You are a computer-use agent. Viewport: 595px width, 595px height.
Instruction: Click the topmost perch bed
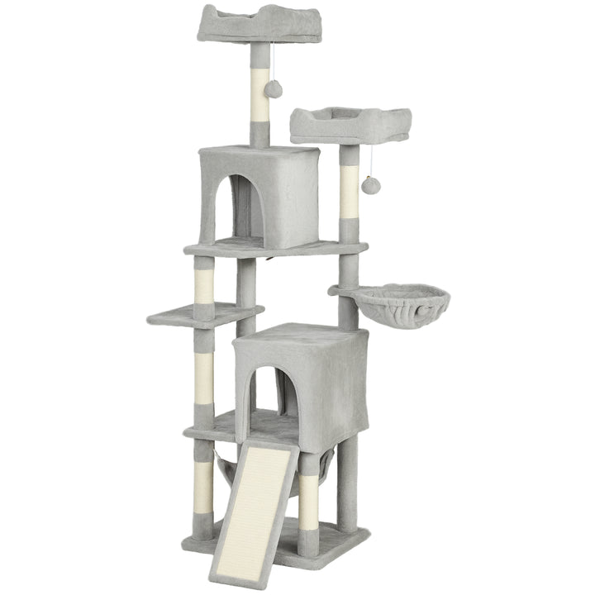click(x=249, y=25)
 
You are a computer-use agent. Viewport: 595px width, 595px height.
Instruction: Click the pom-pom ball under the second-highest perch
click(x=370, y=186)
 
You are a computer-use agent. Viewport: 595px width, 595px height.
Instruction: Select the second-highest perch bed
click(x=350, y=124)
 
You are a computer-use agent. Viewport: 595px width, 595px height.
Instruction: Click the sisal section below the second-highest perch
click(x=350, y=191)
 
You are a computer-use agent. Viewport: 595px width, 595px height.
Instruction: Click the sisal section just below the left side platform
click(x=204, y=376)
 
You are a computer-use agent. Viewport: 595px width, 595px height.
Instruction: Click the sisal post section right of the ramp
click(x=309, y=500)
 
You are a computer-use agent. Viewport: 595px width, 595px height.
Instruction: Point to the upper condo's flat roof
click(x=258, y=153)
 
